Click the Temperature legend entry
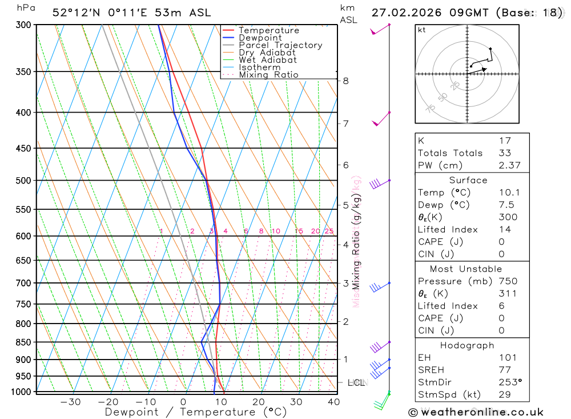268,30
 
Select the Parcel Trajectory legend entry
280,45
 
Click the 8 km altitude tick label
346,81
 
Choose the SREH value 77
504,370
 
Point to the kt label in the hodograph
422,30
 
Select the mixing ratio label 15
299,231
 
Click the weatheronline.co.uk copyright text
476,412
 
